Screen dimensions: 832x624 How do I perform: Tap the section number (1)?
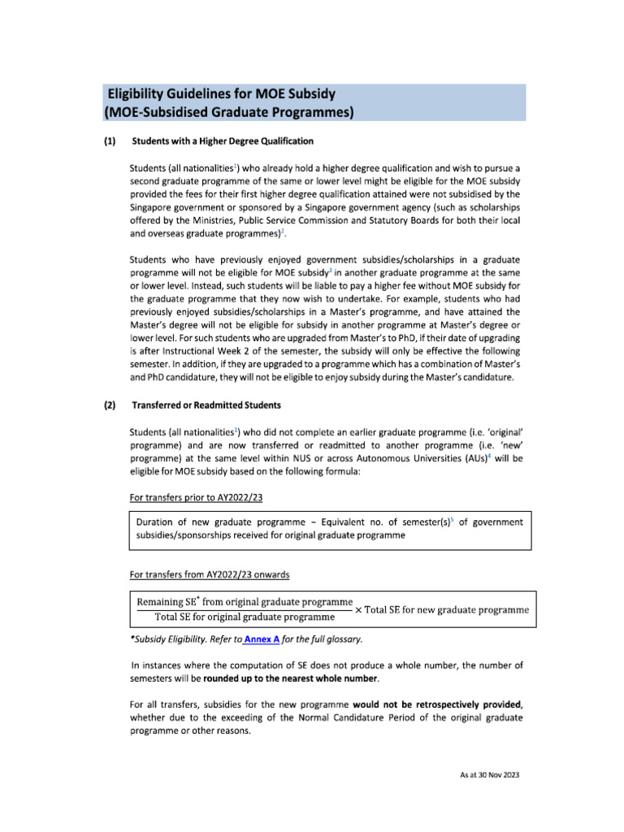pos(110,141)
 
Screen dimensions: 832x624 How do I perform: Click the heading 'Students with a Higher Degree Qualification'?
pos(223,141)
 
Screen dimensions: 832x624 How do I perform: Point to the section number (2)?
pos(110,405)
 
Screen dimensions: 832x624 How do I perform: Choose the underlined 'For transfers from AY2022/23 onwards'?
pos(210,574)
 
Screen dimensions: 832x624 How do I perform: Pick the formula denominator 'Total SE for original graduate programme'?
pos(245,617)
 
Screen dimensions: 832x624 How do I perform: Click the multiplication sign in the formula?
pos(358,609)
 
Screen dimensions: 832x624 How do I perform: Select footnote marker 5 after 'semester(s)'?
pos(440,519)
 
